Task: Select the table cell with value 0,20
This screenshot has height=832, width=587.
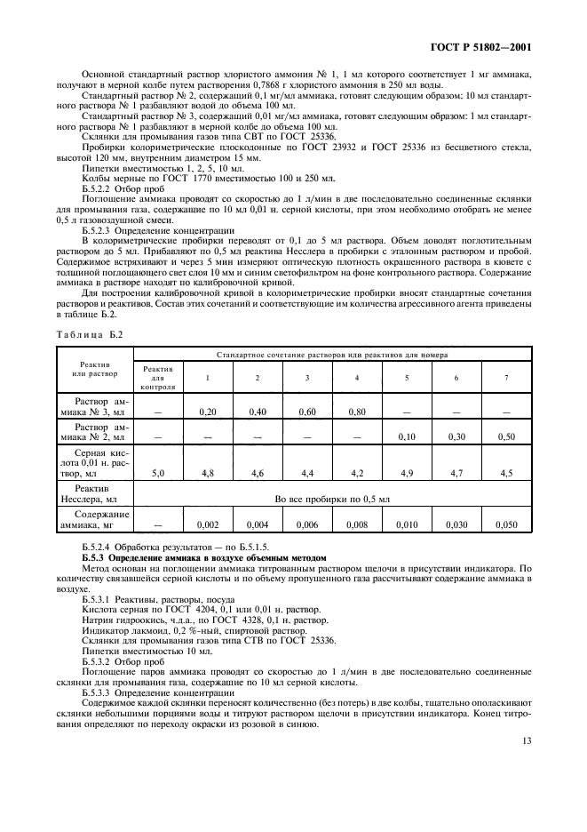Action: pos(208,412)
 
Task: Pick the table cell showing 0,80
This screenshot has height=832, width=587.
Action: pos(357,412)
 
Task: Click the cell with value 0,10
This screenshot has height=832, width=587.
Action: pos(408,436)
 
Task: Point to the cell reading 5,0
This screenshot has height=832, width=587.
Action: pos(158,473)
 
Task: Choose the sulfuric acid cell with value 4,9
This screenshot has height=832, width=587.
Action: pos(408,473)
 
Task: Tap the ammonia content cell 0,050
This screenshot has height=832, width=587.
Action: pos(507,525)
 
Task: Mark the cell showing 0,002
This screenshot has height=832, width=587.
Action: pos(208,525)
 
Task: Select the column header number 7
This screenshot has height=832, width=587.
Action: pos(507,378)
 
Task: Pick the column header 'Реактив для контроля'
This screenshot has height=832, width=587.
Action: pos(158,378)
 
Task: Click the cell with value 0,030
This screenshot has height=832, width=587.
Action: pos(456,525)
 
